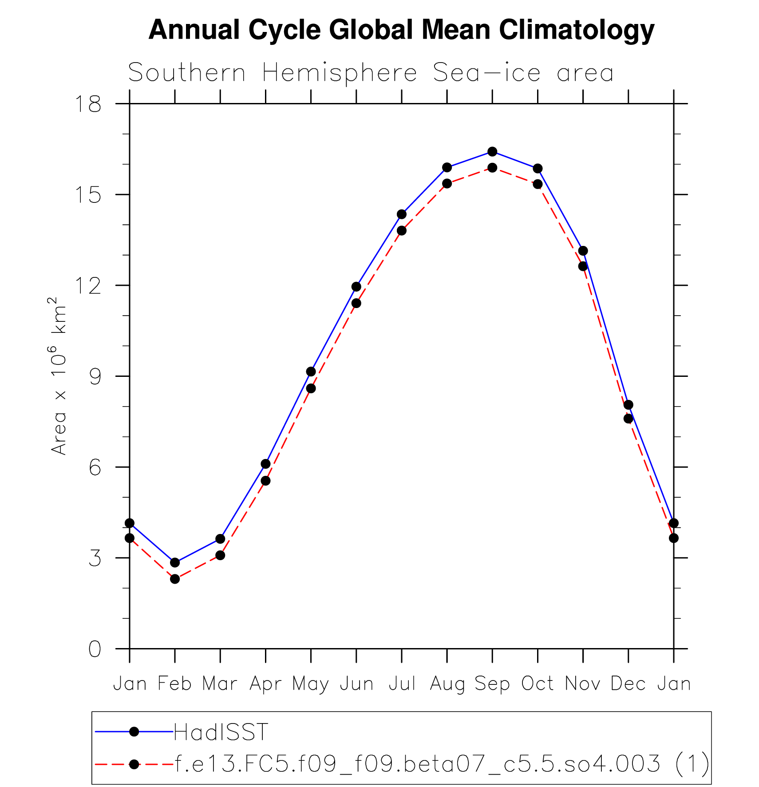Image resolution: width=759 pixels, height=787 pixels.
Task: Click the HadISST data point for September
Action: click(492, 151)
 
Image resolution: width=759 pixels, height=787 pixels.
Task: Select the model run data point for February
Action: click(175, 579)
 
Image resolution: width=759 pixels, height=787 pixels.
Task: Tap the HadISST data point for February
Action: click(175, 562)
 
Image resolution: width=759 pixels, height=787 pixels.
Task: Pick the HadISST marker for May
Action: click(311, 372)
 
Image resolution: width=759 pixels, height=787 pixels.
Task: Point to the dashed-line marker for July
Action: click(402, 230)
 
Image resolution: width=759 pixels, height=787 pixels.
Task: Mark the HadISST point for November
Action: click(583, 251)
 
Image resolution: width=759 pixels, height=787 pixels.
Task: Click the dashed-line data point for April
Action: click(265, 481)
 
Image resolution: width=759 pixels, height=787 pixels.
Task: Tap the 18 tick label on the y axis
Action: click(88, 104)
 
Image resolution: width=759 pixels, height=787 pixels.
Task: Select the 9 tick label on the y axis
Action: click(95, 377)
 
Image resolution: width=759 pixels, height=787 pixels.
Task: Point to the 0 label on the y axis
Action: click(95, 649)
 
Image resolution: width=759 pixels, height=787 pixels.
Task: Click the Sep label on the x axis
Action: click(492, 684)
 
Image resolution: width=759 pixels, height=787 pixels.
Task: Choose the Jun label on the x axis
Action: click(356, 684)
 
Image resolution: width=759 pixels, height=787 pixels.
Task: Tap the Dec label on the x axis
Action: click(628, 684)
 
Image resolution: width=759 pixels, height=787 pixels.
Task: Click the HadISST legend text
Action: click(221, 732)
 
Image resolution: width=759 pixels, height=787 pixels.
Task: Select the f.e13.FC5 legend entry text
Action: click(442, 764)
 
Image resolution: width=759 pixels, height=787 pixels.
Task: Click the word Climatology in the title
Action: click(577, 30)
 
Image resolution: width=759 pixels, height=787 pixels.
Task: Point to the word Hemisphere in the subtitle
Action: click(340, 73)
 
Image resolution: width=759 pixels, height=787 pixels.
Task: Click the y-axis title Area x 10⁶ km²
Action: click(59, 376)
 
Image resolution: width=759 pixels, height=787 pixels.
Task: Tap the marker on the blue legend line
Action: click(134, 732)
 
